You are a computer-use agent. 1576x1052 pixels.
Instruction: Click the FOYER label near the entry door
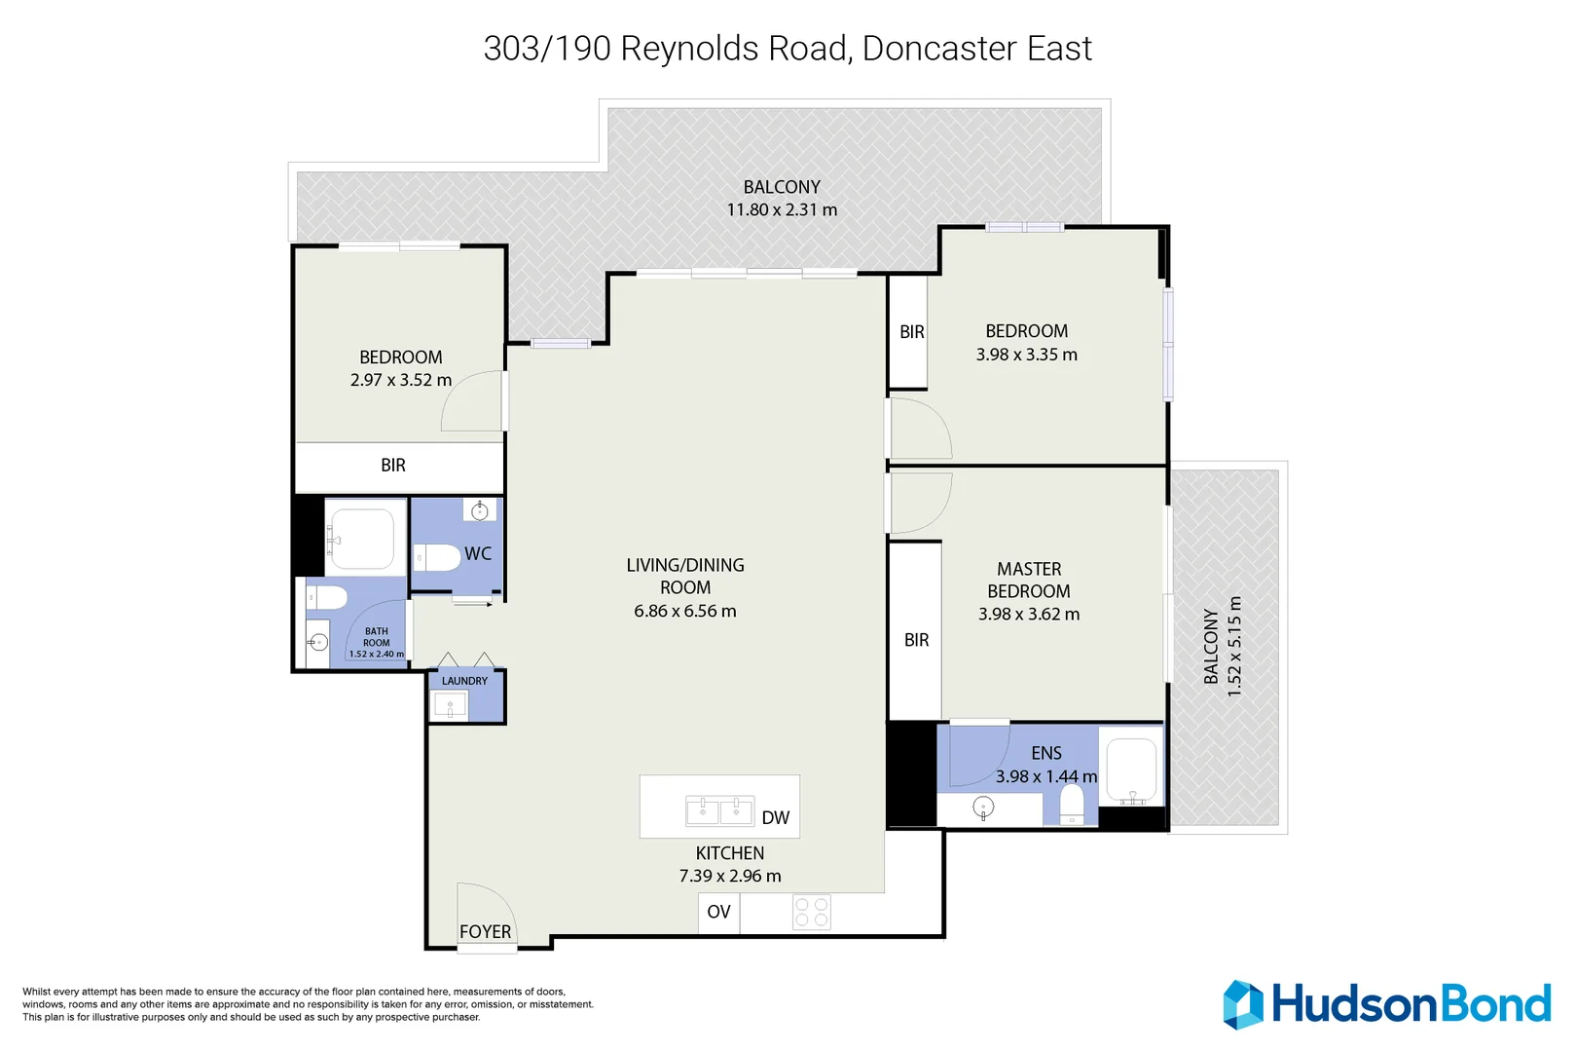coord(485,932)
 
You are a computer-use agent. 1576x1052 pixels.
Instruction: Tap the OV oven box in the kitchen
coord(718,912)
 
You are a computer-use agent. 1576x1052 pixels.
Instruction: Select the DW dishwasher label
coord(775,818)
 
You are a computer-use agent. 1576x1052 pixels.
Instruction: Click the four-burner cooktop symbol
coord(811,912)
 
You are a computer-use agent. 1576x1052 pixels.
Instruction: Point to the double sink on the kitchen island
coord(719,810)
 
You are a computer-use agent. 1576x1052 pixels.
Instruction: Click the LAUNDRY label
coord(464,681)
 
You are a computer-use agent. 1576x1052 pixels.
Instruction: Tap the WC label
coord(478,553)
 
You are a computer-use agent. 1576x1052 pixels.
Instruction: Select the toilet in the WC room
coord(439,558)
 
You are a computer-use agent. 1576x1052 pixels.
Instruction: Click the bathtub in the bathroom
coord(361,537)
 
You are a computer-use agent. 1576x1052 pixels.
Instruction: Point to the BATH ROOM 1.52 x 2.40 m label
coord(377,643)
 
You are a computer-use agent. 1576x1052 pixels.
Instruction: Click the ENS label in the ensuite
coord(1046,753)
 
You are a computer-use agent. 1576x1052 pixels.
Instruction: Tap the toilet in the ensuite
coord(1071,805)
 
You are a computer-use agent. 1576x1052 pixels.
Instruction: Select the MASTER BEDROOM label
coord(1029,580)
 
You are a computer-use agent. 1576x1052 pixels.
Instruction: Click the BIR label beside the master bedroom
coord(916,640)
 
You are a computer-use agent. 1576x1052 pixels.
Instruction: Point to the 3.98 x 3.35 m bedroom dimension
coord(1026,355)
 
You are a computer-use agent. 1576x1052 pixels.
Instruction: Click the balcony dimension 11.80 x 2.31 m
coord(782,209)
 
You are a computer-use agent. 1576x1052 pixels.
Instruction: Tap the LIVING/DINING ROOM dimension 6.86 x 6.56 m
coord(684,611)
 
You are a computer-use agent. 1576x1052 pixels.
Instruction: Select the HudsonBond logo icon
coord(1243,1004)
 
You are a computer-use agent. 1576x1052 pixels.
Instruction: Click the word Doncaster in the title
coord(938,49)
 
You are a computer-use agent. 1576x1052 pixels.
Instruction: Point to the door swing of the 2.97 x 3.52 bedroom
coord(473,401)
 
